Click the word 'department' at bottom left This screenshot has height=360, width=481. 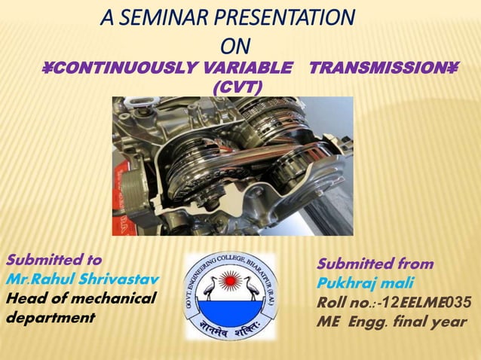(51, 317)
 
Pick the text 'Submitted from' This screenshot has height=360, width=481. (375, 264)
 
